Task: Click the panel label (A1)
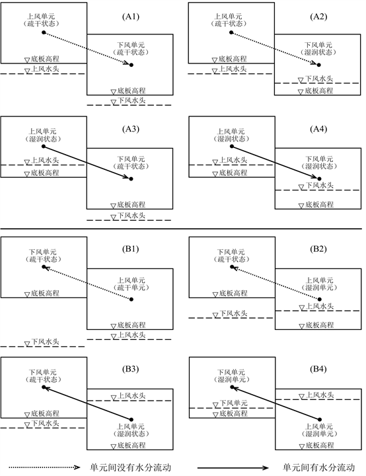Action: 131,17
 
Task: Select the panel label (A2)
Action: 318,17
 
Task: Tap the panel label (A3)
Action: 131,129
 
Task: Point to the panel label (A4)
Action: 318,129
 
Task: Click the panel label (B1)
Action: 131,249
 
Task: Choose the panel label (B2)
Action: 318,249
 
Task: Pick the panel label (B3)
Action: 131,369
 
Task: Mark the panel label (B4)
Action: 318,369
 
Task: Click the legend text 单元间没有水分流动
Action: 131,467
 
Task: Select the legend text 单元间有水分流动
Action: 318,467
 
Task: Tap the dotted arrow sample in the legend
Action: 44,467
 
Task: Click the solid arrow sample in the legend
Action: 233,468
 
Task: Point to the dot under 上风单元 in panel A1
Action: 44,32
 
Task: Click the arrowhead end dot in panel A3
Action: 131,178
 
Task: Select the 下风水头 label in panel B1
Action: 45,342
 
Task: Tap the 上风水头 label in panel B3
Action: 131,395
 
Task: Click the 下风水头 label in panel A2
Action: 319,79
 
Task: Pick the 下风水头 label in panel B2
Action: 233,313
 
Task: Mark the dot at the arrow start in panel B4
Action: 320,420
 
